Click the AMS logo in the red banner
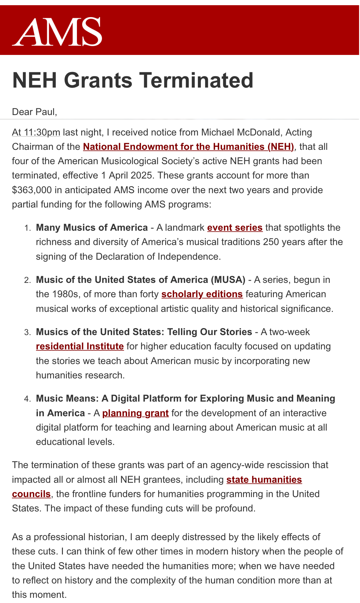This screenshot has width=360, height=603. (x=57, y=32)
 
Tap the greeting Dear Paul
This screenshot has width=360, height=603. (x=35, y=112)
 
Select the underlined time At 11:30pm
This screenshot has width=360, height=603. (x=36, y=132)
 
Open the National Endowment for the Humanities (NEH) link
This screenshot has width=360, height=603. (x=188, y=147)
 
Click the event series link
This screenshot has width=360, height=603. (x=235, y=228)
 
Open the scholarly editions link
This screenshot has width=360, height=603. (x=202, y=294)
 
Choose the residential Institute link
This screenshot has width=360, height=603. (x=80, y=347)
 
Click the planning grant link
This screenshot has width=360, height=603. (x=136, y=413)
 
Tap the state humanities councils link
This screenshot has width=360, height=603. (x=264, y=480)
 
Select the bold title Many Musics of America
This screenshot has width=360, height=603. (x=92, y=228)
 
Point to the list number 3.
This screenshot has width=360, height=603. (x=28, y=332)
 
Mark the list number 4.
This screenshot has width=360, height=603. (x=28, y=399)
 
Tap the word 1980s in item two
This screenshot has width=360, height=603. (x=63, y=294)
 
